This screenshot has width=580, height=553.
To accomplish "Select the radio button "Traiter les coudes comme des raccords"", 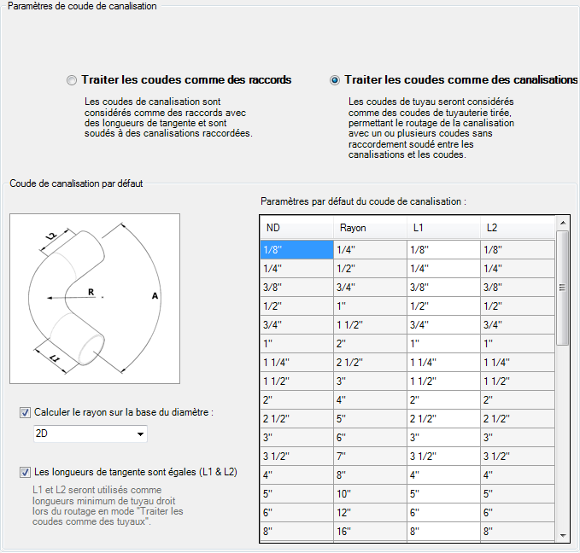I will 72,80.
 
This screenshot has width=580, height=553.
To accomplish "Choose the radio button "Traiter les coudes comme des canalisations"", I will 335,80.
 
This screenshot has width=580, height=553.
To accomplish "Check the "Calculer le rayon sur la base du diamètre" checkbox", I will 25,412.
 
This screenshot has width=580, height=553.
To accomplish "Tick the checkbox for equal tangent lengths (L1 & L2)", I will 25,471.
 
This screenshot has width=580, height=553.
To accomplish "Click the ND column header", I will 296,228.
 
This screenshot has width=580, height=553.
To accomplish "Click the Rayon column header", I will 369,228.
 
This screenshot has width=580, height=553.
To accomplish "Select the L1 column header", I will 442,228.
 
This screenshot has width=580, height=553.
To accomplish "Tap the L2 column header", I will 516,228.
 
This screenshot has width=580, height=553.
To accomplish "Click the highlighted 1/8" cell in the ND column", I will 296,250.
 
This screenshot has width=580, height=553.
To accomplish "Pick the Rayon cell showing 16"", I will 369,532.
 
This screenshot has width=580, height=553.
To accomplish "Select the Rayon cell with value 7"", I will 369,457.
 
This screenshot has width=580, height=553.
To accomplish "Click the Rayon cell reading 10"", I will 369,494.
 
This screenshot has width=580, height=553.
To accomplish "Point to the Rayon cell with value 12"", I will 369,513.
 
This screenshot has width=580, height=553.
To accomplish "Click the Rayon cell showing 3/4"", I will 369,288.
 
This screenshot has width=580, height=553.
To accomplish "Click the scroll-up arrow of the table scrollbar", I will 562,224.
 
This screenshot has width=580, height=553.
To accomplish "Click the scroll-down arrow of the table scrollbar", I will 562,534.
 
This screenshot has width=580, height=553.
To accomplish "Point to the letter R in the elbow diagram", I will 91,292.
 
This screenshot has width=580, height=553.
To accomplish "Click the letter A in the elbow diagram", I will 155,295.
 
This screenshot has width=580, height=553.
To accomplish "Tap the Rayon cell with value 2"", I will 369,344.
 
